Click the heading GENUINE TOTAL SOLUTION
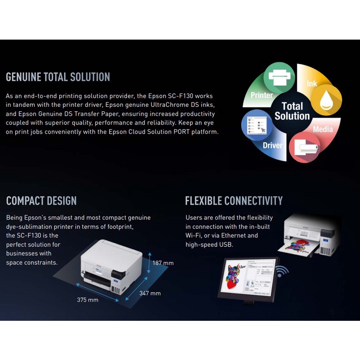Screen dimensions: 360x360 (x=58, y=77)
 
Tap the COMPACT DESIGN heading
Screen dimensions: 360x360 (x=41, y=201)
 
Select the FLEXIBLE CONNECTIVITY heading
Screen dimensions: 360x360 (x=234, y=201)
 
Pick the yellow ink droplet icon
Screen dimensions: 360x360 (x=326, y=100)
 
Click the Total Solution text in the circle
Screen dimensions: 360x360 (x=292, y=111)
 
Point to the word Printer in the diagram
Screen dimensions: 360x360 (x=262, y=95)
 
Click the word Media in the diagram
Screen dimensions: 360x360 (x=323, y=129)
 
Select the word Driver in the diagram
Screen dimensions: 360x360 (x=272, y=146)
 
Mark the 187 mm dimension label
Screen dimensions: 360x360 (x=163, y=263)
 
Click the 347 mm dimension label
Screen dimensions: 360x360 (x=150, y=293)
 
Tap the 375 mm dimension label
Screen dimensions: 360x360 (x=88, y=300)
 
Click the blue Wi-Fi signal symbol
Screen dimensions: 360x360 (x=282, y=272)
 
